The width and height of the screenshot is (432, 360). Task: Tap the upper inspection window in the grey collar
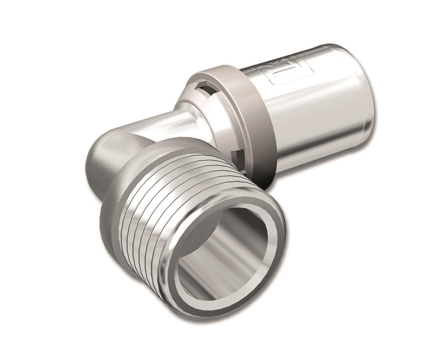[206, 89]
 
